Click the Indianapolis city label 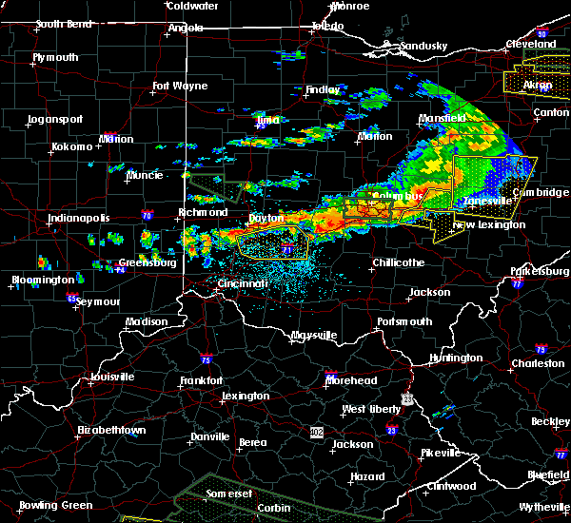[78, 218]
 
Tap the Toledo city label [328, 26]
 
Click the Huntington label [455, 358]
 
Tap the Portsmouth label [404, 321]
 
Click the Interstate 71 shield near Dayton [286, 249]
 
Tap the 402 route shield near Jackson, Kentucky [315, 432]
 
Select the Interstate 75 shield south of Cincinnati [206, 359]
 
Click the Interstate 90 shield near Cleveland [542, 34]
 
